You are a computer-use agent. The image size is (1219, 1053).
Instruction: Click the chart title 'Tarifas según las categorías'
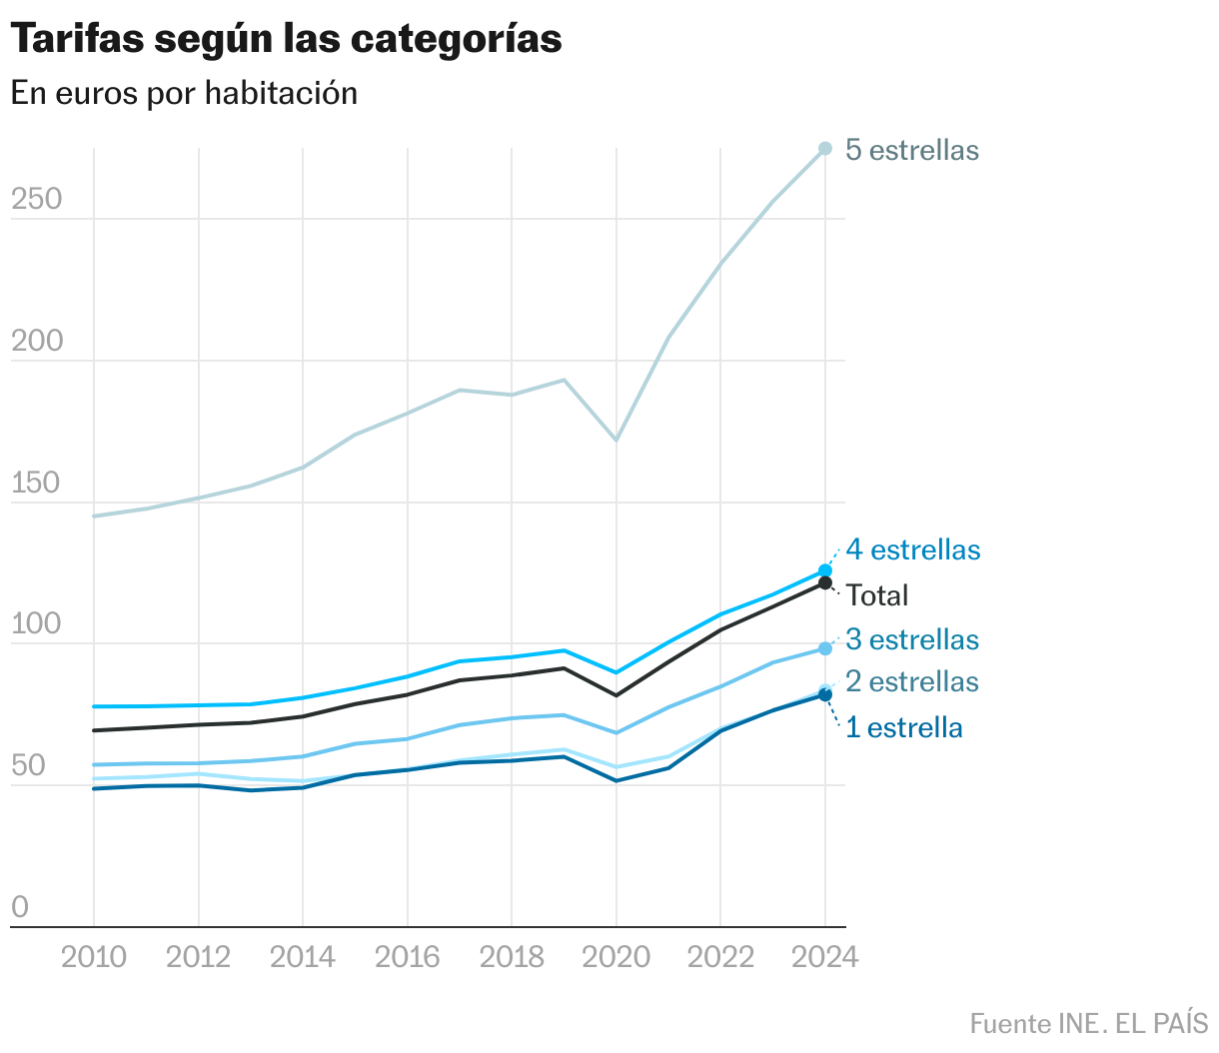286,39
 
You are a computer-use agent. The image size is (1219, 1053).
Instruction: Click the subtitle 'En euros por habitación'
184,93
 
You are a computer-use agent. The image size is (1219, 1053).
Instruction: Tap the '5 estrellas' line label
911,150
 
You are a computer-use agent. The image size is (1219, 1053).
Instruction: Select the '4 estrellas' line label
912,549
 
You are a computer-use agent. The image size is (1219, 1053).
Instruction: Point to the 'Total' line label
877,595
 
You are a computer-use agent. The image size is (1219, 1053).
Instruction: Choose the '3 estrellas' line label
911,639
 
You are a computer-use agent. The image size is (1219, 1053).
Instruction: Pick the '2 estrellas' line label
911,681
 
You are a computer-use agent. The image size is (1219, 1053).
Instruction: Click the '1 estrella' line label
903,727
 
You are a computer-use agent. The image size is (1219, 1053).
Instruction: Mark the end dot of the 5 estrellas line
825,149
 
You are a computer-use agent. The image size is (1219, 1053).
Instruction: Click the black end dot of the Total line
825,582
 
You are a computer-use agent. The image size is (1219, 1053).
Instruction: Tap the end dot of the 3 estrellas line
825,648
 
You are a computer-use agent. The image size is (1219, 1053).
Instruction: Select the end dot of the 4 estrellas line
825,570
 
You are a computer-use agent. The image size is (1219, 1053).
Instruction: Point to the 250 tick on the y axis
36,200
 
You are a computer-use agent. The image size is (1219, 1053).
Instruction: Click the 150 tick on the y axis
36,484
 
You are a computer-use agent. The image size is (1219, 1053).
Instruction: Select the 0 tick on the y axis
20,907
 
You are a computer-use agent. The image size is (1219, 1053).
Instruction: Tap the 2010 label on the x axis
94,957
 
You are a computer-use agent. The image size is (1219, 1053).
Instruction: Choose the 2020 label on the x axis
615,957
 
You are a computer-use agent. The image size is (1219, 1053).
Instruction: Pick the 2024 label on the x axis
824,957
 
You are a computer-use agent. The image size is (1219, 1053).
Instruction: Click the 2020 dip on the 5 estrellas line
616,440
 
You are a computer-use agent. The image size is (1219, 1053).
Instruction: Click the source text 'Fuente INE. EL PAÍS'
1088,1024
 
